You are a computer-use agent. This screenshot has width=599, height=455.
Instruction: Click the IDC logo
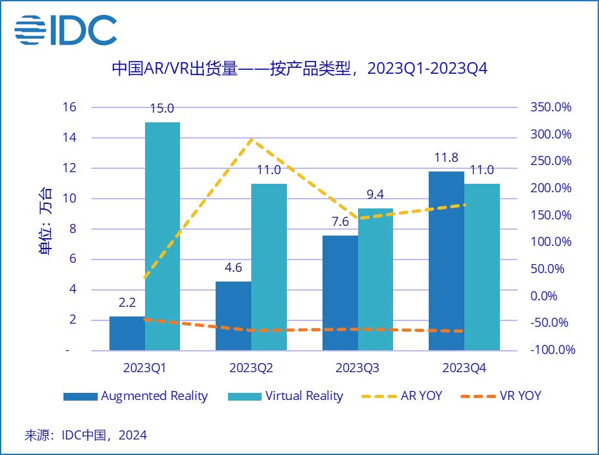pos(66,28)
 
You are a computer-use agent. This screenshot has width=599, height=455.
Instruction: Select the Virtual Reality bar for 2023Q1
pos(163,236)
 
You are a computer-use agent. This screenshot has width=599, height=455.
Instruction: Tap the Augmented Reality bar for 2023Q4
pos(446,261)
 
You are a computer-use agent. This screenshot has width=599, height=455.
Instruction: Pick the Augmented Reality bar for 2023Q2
pos(233,316)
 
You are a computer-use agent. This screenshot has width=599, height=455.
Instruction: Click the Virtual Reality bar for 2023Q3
pos(375,280)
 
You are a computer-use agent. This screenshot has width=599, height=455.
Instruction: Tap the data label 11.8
pos(446,159)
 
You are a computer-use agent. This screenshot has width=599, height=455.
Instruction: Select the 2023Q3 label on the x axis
pos(357,368)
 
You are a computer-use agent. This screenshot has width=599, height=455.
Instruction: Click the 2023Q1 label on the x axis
pos(144,368)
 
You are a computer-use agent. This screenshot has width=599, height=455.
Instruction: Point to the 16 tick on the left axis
pos(70,107)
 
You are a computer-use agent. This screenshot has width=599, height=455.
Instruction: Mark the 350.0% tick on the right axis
pos(550,107)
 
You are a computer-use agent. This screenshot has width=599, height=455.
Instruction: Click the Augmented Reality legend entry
pos(135,396)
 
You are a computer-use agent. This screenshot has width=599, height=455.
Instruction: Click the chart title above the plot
pos(299,68)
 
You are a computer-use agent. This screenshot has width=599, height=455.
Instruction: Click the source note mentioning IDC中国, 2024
pos(85,435)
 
